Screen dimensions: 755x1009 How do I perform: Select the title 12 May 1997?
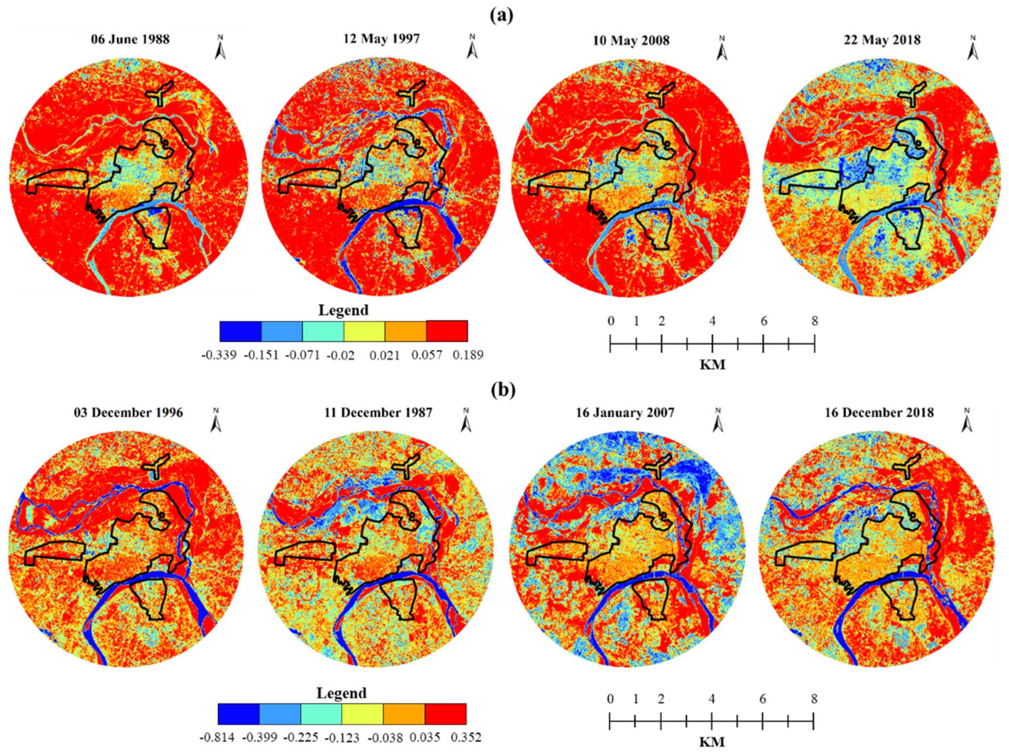(381, 38)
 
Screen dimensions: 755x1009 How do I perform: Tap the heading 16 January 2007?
(626, 412)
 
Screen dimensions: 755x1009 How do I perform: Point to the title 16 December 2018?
(879, 412)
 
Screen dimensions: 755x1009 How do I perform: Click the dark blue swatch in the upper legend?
(240, 331)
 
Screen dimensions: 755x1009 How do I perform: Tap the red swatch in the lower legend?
(445, 714)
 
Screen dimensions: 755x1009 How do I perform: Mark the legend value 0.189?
(468, 355)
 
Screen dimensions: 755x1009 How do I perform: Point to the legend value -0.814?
(217, 738)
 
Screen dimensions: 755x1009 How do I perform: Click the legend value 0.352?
(466, 737)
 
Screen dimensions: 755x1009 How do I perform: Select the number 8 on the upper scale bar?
(815, 321)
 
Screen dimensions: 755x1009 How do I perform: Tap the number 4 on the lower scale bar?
(712, 699)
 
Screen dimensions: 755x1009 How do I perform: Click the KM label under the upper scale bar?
(712, 365)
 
